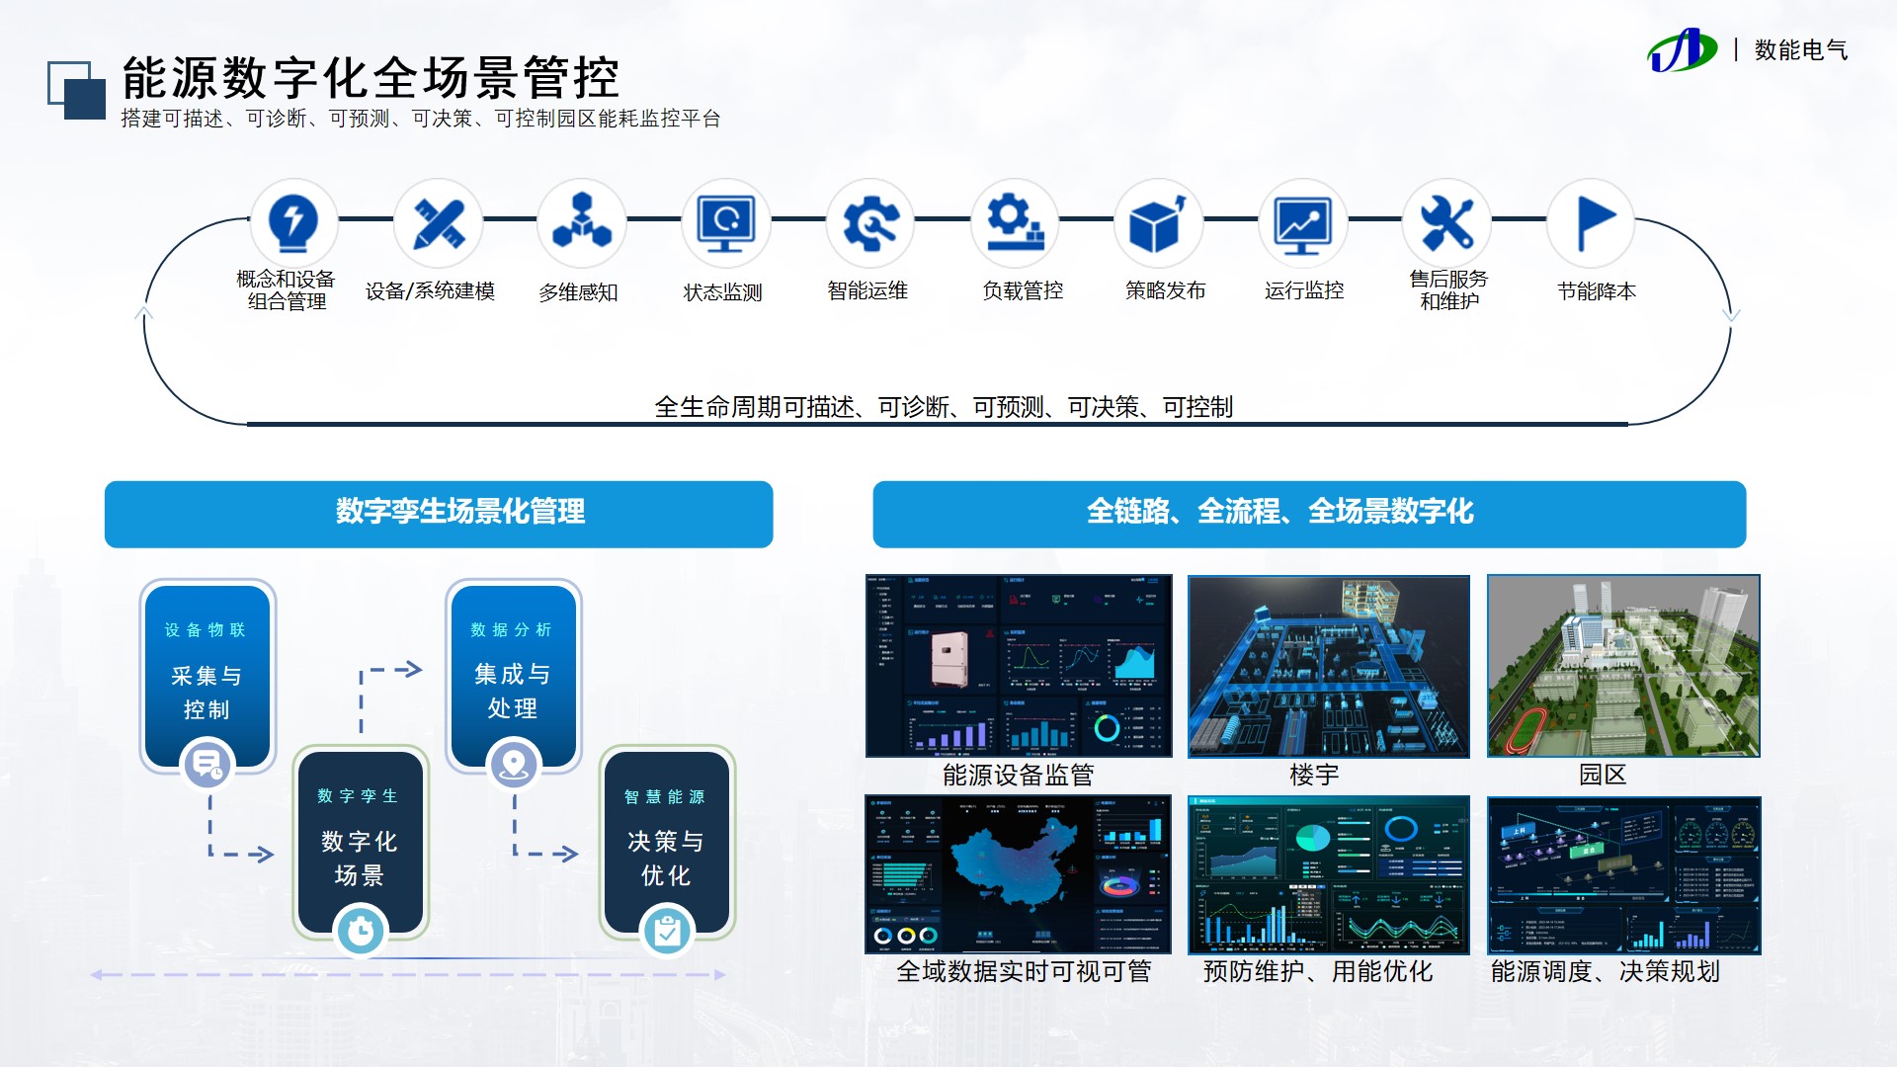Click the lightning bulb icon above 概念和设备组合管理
[x=293, y=222]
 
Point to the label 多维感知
[x=578, y=292]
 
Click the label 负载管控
[x=1023, y=290]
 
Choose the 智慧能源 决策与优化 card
[x=666, y=840]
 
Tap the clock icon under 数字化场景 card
[x=361, y=931]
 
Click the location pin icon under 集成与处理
[x=514, y=765]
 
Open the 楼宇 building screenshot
[x=1328, y=666]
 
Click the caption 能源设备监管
[x=1018, y=776]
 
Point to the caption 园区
[x=1602, y=775]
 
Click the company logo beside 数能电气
[x=1681, y=50]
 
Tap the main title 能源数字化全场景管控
[x=371, y=77]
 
